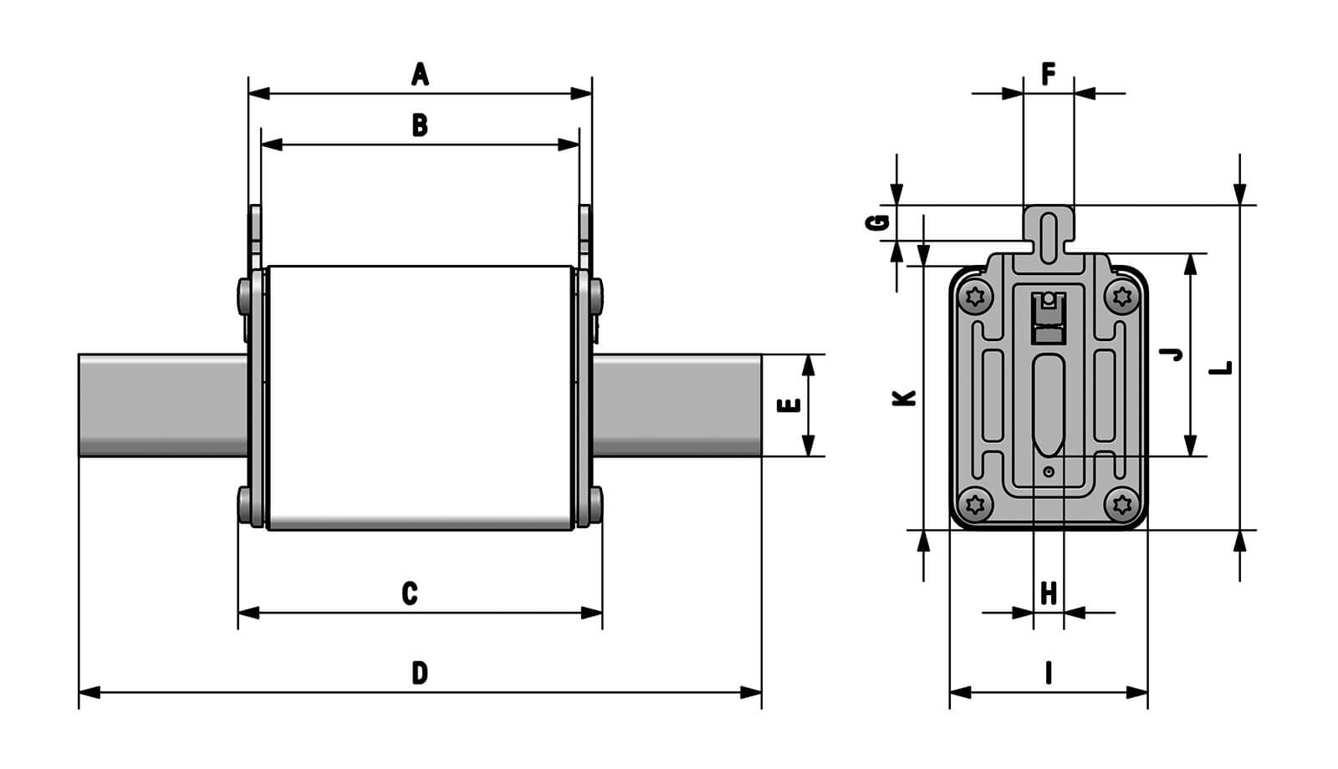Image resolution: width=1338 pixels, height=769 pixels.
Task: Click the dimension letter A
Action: [x=420, y=74]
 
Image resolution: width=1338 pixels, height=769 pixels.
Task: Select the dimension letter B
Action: [x=420, y=125]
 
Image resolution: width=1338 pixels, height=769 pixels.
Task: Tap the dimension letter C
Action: [x=409, y=593]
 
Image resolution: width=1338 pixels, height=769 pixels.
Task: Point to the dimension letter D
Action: [x=420, y=673]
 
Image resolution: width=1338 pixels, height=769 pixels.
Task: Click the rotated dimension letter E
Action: [x=789, y=405]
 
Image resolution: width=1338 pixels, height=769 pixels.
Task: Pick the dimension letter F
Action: [x=1048, y=74]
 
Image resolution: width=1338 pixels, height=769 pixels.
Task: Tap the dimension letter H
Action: [x=1048, y=593]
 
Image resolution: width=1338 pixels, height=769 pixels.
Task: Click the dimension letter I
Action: [x=1048, y=673]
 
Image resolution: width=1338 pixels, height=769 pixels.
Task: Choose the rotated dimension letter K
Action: [x=905, y=398]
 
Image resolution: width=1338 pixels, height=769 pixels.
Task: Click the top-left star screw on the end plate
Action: [x=975, y=296]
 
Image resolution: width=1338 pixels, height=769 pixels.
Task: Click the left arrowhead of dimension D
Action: [x=89, y=692]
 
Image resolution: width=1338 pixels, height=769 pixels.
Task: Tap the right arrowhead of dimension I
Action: [x=1138, y=692]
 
